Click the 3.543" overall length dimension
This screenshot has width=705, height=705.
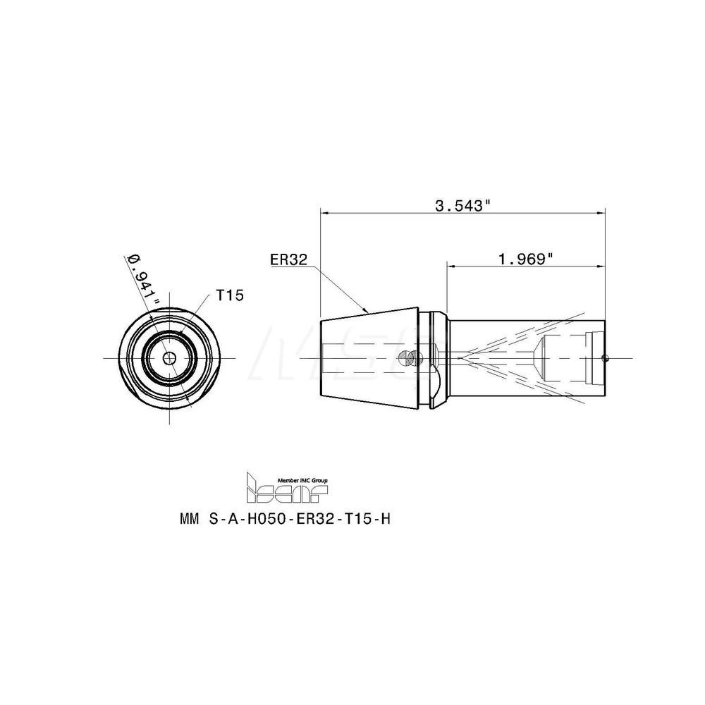click(x=462, y=206)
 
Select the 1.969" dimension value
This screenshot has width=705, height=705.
click(x=525, y=259)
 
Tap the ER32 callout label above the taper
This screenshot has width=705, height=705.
click(x=288, y=259)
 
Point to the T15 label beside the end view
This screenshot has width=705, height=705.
click(x=229, y=296)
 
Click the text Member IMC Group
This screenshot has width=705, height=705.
click(x=308, y=477)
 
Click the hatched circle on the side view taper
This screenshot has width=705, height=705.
click(x=405, y=358)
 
